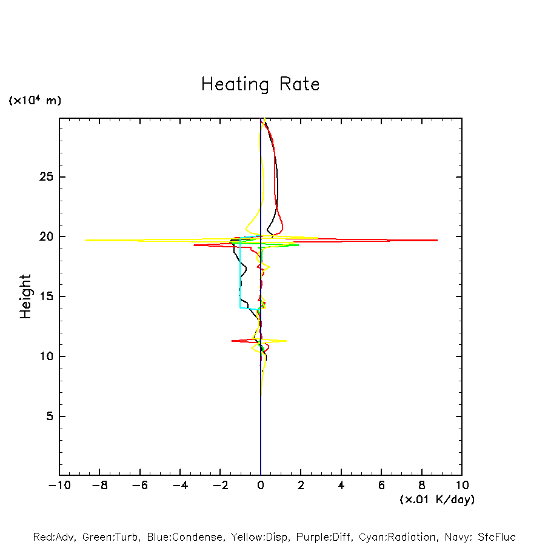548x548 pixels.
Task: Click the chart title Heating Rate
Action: [x=260, y=84]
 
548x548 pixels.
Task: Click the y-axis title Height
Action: [x=25, y=296]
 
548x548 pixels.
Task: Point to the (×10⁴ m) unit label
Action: [x=35, y=101]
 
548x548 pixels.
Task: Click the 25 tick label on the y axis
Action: [x=47, y=177]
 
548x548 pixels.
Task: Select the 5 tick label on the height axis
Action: [x=51, y=416]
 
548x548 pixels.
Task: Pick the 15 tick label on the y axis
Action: [x=47, y=296]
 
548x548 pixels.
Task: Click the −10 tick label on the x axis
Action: [x=59, y=485]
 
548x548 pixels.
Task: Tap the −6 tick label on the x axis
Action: [x=139, y=485]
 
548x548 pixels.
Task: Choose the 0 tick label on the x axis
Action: [x=261, y=485]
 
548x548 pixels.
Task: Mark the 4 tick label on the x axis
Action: [x=341, y=485]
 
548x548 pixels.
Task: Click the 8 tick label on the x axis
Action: [x=422, y=485]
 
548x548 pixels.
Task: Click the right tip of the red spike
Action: [x=437, y=241]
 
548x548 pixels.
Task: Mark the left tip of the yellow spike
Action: [x=85, y=240]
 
